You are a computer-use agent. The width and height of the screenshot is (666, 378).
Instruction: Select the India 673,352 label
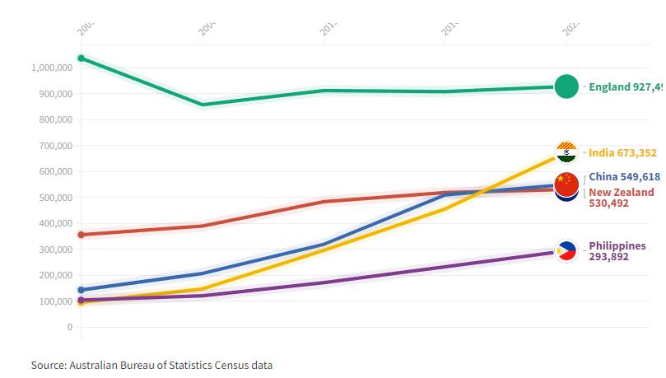pyautogui.click(x=622, y=152)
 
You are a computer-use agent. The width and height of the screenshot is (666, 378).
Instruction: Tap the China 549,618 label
pyautogui.click(x=624, y=177)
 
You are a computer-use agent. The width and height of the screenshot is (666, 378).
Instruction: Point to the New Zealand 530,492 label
pyautogui.click(x=621, y=198)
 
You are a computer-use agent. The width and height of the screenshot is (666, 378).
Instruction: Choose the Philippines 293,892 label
pyautogui.click(x=617, y=251)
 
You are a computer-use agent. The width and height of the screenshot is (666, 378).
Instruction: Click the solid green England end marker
pyautogui.click(x=566, y=86)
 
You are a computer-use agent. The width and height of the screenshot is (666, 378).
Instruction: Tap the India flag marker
pyautogui.click(x=566, y=152)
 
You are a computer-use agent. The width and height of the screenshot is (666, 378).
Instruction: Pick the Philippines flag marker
pyautogui.click(x=566, y=251)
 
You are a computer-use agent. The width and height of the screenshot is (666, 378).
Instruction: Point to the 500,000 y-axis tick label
pyautogui.click(x=55, y=198)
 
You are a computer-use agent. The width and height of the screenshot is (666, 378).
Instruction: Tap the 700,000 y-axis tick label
pyautogui.click(x=55, y=146)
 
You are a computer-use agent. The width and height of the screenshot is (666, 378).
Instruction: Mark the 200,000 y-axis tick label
pyautogui.click(x=55, y=275)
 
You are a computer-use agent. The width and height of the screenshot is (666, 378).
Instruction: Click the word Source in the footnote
pyautogui.click(x=49, y=365)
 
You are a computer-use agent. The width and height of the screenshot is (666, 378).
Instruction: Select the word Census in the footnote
pyautogui.click(x=225, y=365)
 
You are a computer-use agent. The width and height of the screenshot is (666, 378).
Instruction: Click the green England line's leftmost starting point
pyautogui.click(x=81, y=58)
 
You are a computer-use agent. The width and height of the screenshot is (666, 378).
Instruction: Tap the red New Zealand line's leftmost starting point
pyautogui.click(x=81, y=235)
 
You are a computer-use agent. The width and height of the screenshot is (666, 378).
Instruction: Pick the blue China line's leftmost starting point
pyautogui.click(x=81, y=290)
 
